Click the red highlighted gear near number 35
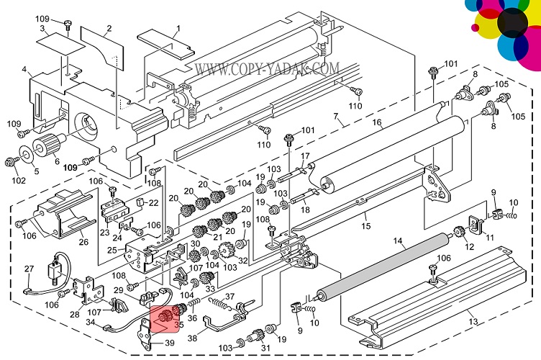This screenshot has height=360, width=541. pos(165,315)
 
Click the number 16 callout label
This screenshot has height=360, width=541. pos(376,123)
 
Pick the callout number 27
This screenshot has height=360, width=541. pos(29,269)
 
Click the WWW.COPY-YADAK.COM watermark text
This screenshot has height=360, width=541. pos(266,69)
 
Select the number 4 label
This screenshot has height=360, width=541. pos(25,70)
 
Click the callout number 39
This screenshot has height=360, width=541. pos(170,343)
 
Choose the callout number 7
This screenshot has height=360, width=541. pos(335,116)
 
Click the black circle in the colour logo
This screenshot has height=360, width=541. pos(514,23)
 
